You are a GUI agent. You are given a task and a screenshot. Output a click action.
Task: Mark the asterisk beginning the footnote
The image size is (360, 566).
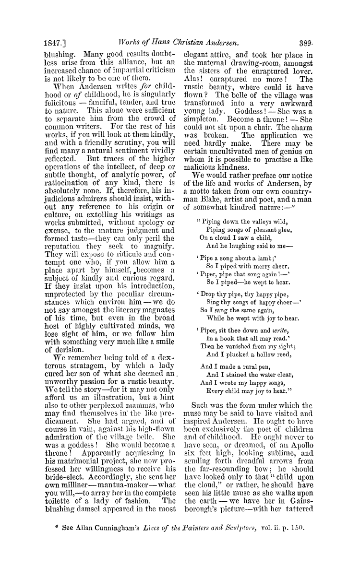(x=57, y=538)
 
